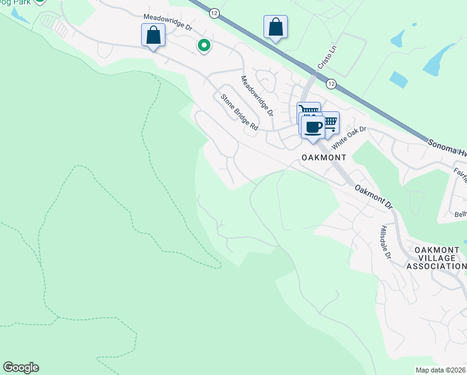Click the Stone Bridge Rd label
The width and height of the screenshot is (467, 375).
coord(238,112)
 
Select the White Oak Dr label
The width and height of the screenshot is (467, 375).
coord(348,137)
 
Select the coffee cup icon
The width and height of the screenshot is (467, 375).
coord(313,127)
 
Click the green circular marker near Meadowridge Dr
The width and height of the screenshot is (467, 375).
coord(204,45)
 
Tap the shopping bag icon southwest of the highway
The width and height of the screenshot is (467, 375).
coord(153,36)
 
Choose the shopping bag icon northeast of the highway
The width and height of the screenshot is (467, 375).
coord(275,27)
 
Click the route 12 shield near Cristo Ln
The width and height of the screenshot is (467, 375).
coord(331,84)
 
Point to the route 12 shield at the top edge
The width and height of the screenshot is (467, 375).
coord(215,12)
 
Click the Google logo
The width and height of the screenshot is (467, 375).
coord(21,367)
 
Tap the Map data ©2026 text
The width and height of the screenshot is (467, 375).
coord(441,370)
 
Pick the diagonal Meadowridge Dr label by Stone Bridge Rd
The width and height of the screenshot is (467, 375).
coord(257,96)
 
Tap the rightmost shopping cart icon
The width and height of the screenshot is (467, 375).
coord(329,122)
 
